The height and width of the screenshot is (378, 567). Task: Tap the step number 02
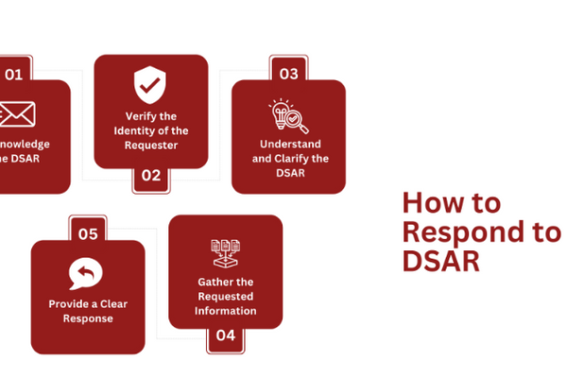(x=151, y=175)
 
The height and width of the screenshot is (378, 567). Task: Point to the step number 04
(x=225, y=335)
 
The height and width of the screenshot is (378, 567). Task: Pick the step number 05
(x=88, y=233)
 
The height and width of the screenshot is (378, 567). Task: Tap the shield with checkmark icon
(x=150, y=86)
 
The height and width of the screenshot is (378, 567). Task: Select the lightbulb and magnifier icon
(x=288, y=116)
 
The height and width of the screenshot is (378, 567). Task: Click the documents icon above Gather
(x=225, y=252)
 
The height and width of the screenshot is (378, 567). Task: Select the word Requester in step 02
(x=151, y=146)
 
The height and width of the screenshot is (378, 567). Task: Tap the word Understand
(x=288, y=145)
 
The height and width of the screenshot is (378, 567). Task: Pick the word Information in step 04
(x=225, y=310)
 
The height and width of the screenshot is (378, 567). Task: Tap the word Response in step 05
(x=87, y=318)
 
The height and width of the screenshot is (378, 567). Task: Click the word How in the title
(x=425, y=203)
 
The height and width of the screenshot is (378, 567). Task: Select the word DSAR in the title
(x=440, y=261)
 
